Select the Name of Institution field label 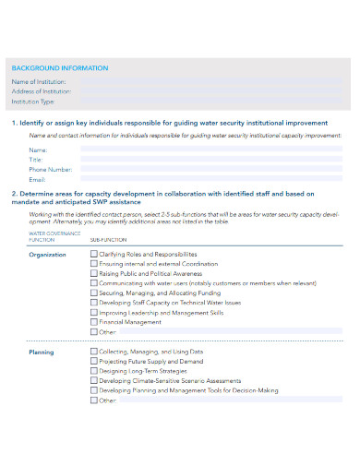[x=38, y=81]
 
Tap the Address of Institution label [x=41, y=91]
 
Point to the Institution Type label [x=32, y=101]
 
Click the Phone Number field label [x=50, y=169]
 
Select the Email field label [x=37, y=179]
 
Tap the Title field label [x=36, y=159]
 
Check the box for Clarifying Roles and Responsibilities [x=93, y=253]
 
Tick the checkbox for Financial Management [x=93, y=322]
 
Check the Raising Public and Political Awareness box [x=93, y=273]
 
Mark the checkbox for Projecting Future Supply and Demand [x=93, y=362]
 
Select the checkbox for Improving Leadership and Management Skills [x=93, y=312]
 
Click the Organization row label [x=48, y=254]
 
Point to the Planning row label [x=42, y=352]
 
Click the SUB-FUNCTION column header [x=108, y=238]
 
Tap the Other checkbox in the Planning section [x=93, y=400]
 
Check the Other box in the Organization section [x=93, y=331]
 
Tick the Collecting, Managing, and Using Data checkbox [x=93, y=352]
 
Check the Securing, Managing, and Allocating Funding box [x=93, y=293]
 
